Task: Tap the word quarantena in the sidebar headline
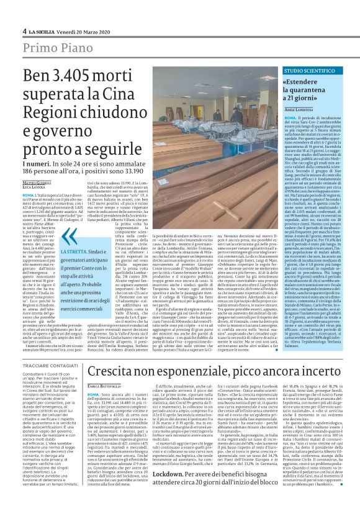click(312, 91)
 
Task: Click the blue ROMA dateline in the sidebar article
click(288, 116)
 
